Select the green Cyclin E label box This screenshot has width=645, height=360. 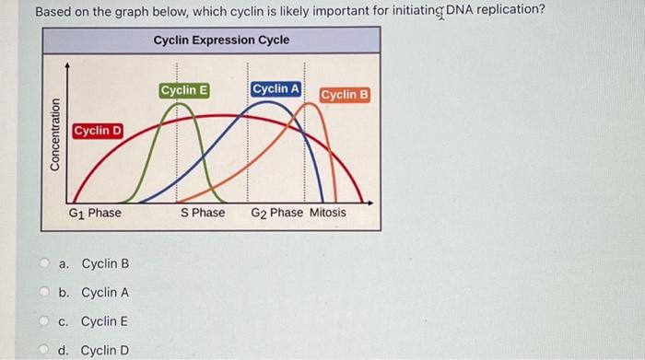click(184, 90)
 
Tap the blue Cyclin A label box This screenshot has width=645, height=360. click(276, 88)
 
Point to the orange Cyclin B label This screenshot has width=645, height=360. click(345, 95)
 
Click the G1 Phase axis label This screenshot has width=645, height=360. click(95, 213)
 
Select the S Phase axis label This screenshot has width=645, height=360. click(203, 213)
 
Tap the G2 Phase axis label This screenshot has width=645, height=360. click(276, 213)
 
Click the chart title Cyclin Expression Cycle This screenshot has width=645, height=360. click(221, 41)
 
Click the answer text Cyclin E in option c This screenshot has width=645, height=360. click(105, 321)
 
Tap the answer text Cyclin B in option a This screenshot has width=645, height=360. click(105, 264)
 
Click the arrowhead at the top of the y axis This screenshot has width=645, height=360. click(66, 65)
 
